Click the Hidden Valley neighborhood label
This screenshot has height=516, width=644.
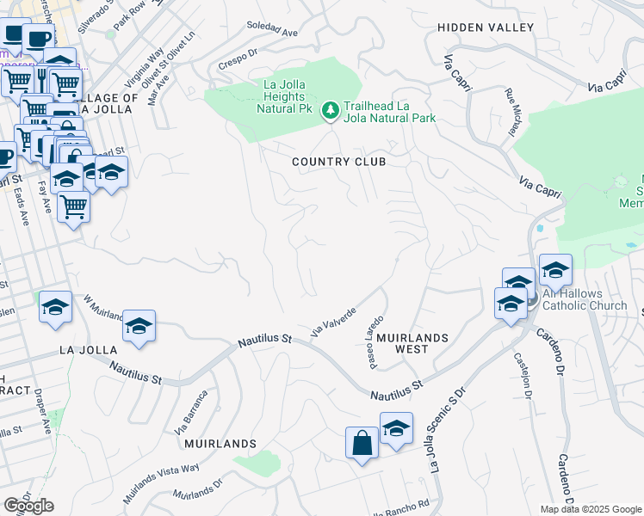click(x=486, y=28)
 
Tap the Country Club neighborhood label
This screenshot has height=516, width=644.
click(x=338, y=162)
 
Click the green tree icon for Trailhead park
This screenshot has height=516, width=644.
click(x=330, y=110)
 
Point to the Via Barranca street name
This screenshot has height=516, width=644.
click(x=192, y=414)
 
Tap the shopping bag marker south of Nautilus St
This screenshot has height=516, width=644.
click(x=362, y=443)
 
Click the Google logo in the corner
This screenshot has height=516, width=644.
click(x=28, y=506)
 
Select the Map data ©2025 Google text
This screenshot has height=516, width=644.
click(x=591, y=509)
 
